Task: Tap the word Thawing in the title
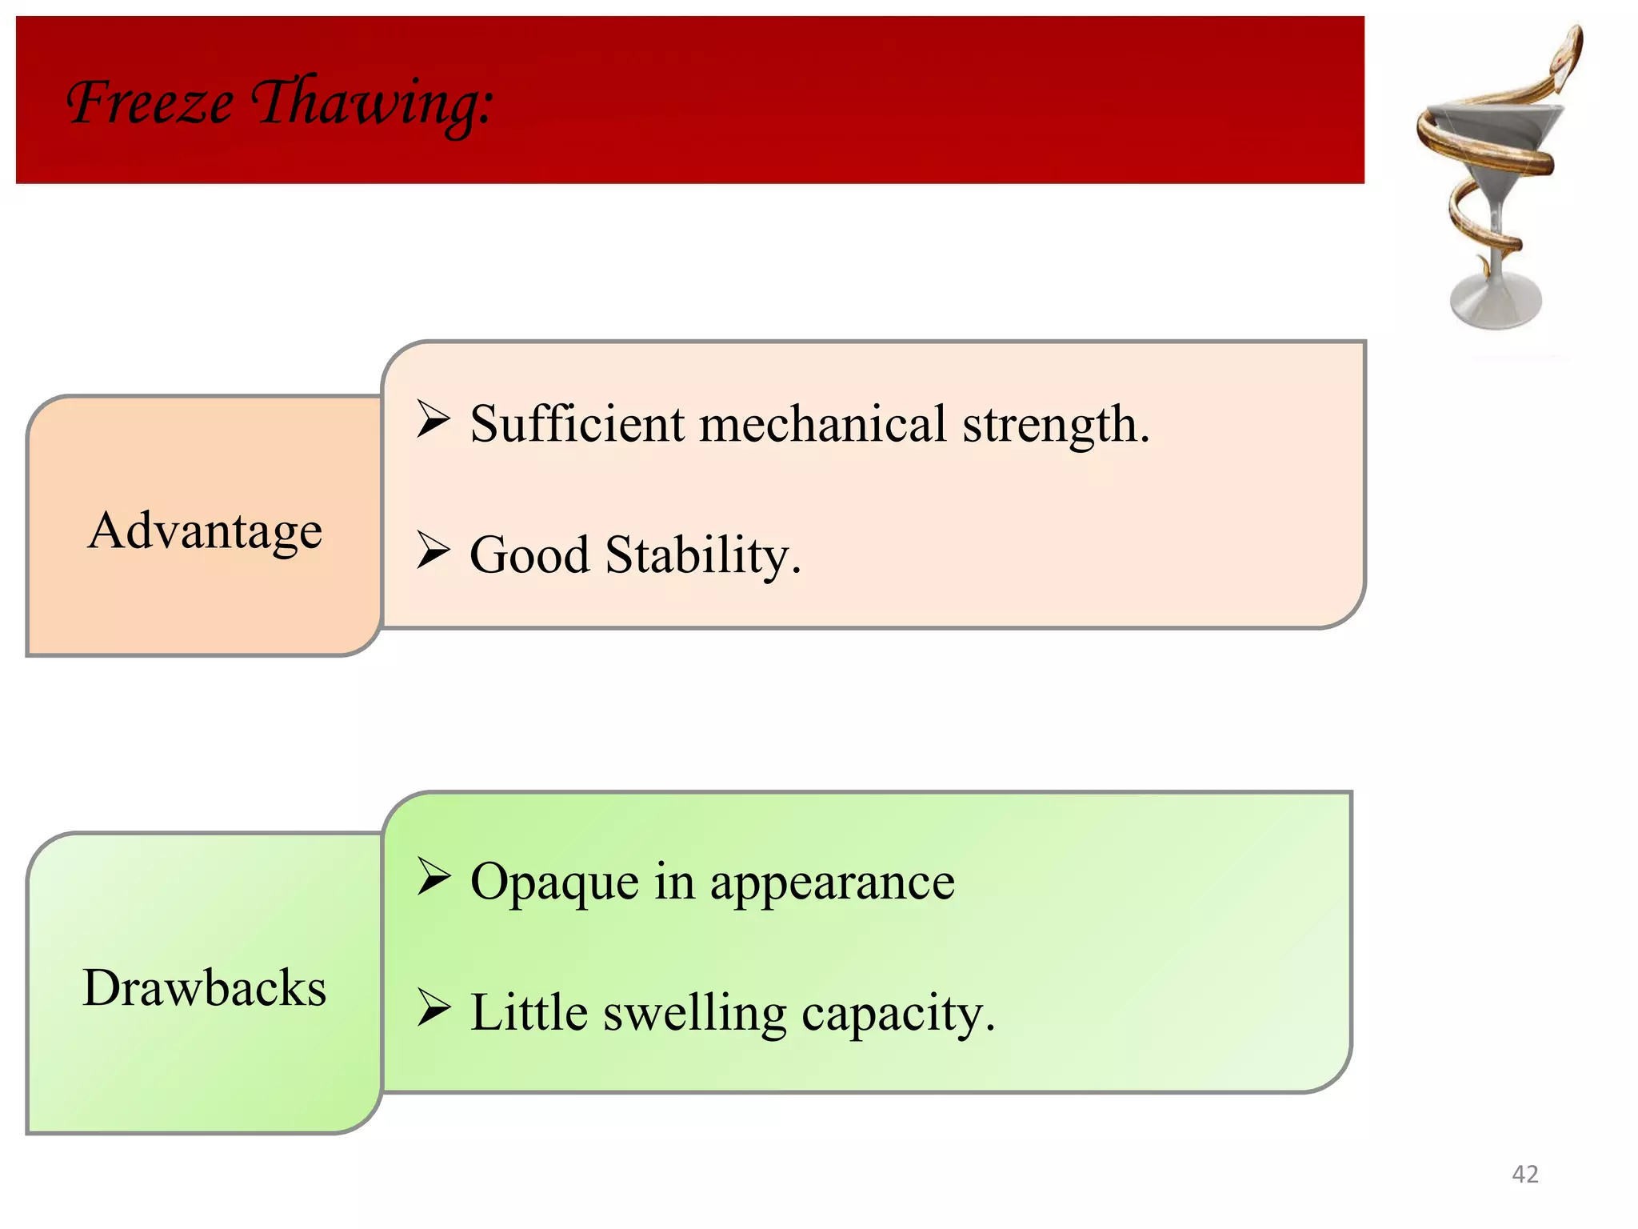[372, 104]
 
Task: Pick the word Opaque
[553, 883]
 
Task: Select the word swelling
[694, 1013]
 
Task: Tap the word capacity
[897, 1015]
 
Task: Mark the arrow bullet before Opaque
[433, 877]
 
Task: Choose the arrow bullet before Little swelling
[433, 1008]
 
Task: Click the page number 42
[1524, 1174]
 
